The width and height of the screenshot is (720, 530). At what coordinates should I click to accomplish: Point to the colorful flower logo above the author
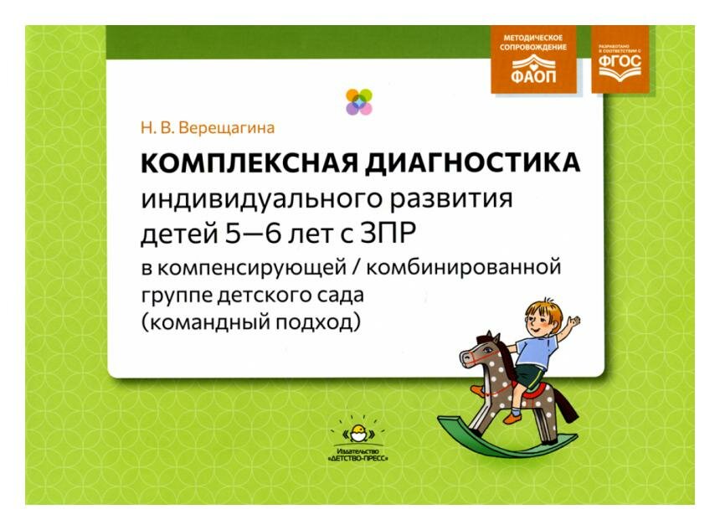359,101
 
